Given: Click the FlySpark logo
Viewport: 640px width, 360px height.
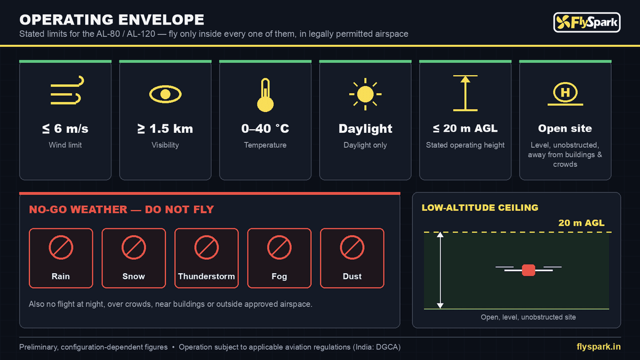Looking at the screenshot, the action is (587, 22).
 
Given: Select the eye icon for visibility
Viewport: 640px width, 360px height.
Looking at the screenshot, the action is (165, 94).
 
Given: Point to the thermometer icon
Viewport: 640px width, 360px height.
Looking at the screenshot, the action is (265, 95).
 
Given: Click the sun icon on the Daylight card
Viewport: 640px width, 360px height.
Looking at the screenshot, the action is (365, 94).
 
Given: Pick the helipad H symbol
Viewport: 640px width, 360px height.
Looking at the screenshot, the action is (565, 92).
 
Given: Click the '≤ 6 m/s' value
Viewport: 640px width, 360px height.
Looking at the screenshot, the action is (65, 129).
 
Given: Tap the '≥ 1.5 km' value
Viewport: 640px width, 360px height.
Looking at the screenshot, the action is (165, 129).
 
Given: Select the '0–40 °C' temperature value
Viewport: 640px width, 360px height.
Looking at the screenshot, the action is (265, 129).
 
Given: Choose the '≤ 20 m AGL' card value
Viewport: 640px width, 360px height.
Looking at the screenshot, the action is (465, 129).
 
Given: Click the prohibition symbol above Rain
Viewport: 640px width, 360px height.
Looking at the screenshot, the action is (61, 247).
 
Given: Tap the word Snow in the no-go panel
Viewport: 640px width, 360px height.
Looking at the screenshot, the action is (133, 276).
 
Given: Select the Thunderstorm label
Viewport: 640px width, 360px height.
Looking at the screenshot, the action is (206, 276).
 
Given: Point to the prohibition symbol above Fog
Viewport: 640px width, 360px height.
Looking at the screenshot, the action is (279, 247).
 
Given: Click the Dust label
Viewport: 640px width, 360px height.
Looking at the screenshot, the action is (352, 276).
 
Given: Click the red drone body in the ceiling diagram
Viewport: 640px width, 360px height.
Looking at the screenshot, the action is (529, 270).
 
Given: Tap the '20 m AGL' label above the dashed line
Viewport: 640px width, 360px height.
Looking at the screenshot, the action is (581, 223).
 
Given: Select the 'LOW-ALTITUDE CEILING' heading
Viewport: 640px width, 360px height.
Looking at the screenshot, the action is (480, 207).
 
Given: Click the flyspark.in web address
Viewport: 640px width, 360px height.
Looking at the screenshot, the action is (598, 347).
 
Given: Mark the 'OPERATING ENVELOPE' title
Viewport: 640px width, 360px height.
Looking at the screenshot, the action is (111, 20).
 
